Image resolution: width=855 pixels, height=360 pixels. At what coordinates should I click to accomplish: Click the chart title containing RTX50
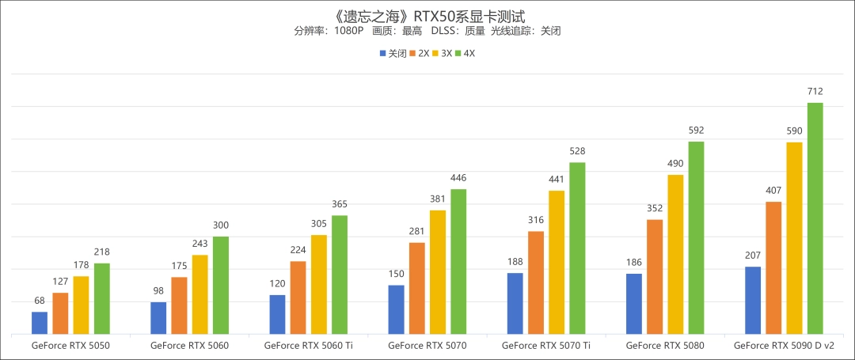pyautogui.click(x=427, y=15)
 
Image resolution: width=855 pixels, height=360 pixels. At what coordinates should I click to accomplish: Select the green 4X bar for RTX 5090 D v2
pyautogui.click(x=815, y=218)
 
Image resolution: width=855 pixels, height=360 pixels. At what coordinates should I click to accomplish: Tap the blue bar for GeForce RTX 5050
pyautogui.click(x=40, y=323)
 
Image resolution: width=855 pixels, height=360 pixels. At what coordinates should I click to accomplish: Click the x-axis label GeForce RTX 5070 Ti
pyautogui.click(x=546, y=346)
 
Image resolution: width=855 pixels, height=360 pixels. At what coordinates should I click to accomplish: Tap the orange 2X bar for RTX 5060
pyautogui.click(x=179, y=305)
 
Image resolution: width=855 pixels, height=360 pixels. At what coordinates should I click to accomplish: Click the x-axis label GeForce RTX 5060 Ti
pyautogui.click(x=309, y=346)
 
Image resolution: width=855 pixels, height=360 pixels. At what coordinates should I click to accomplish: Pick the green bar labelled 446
pyautogui.click(x=458, y=262)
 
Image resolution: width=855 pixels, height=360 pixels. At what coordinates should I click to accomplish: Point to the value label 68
pyautogui.click(x=40, y=301)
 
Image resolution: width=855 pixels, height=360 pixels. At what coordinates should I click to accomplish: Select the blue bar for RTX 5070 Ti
pyautogui.click(x=515, y=304)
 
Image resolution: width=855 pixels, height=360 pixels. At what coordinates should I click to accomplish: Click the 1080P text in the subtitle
pyautogui.click(x=348, y=31)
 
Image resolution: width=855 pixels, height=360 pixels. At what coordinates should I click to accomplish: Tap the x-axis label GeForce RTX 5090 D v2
pyautogui.click(x=784, y=346)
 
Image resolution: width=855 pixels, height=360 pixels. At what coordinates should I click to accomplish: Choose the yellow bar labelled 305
pyautogui.click(x=319, y=285)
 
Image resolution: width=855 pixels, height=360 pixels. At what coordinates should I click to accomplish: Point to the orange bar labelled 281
pyautogui.click(x=417, y=288)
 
